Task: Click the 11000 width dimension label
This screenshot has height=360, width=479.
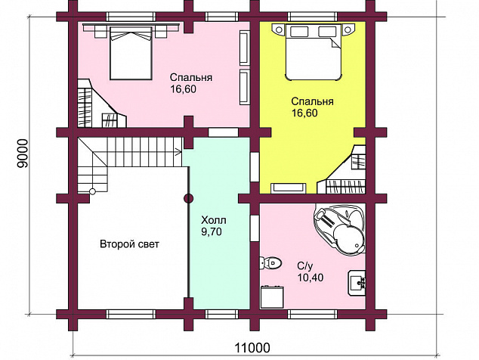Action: [x=252, y=348]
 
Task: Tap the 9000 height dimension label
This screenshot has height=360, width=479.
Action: [x=23, y=154]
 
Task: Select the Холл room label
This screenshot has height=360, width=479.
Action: [x=214, y=220]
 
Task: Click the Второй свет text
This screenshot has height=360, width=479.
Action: [x=129, y=244]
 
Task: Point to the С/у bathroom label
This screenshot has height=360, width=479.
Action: [x=305, y=266]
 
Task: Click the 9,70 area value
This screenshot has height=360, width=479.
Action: [x=212, y=232]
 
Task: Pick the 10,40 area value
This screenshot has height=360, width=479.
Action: [x=311, y=278]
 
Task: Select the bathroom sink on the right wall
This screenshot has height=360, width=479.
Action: [x=357, y=283]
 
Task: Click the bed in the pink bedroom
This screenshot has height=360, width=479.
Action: [x=131, y=53]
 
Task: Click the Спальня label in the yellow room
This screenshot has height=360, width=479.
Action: [x=312, y=101]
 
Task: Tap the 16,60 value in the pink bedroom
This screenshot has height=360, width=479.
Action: [x=184, y=89]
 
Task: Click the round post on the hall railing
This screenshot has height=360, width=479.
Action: [x=188, y=199]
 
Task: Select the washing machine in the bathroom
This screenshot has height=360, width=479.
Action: [x=273, y=297]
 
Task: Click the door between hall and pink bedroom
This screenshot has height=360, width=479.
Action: [x=223, y=132]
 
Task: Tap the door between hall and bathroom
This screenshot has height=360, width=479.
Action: [x=255, y=228]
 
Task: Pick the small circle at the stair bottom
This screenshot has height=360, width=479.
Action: [x=92, y=192]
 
